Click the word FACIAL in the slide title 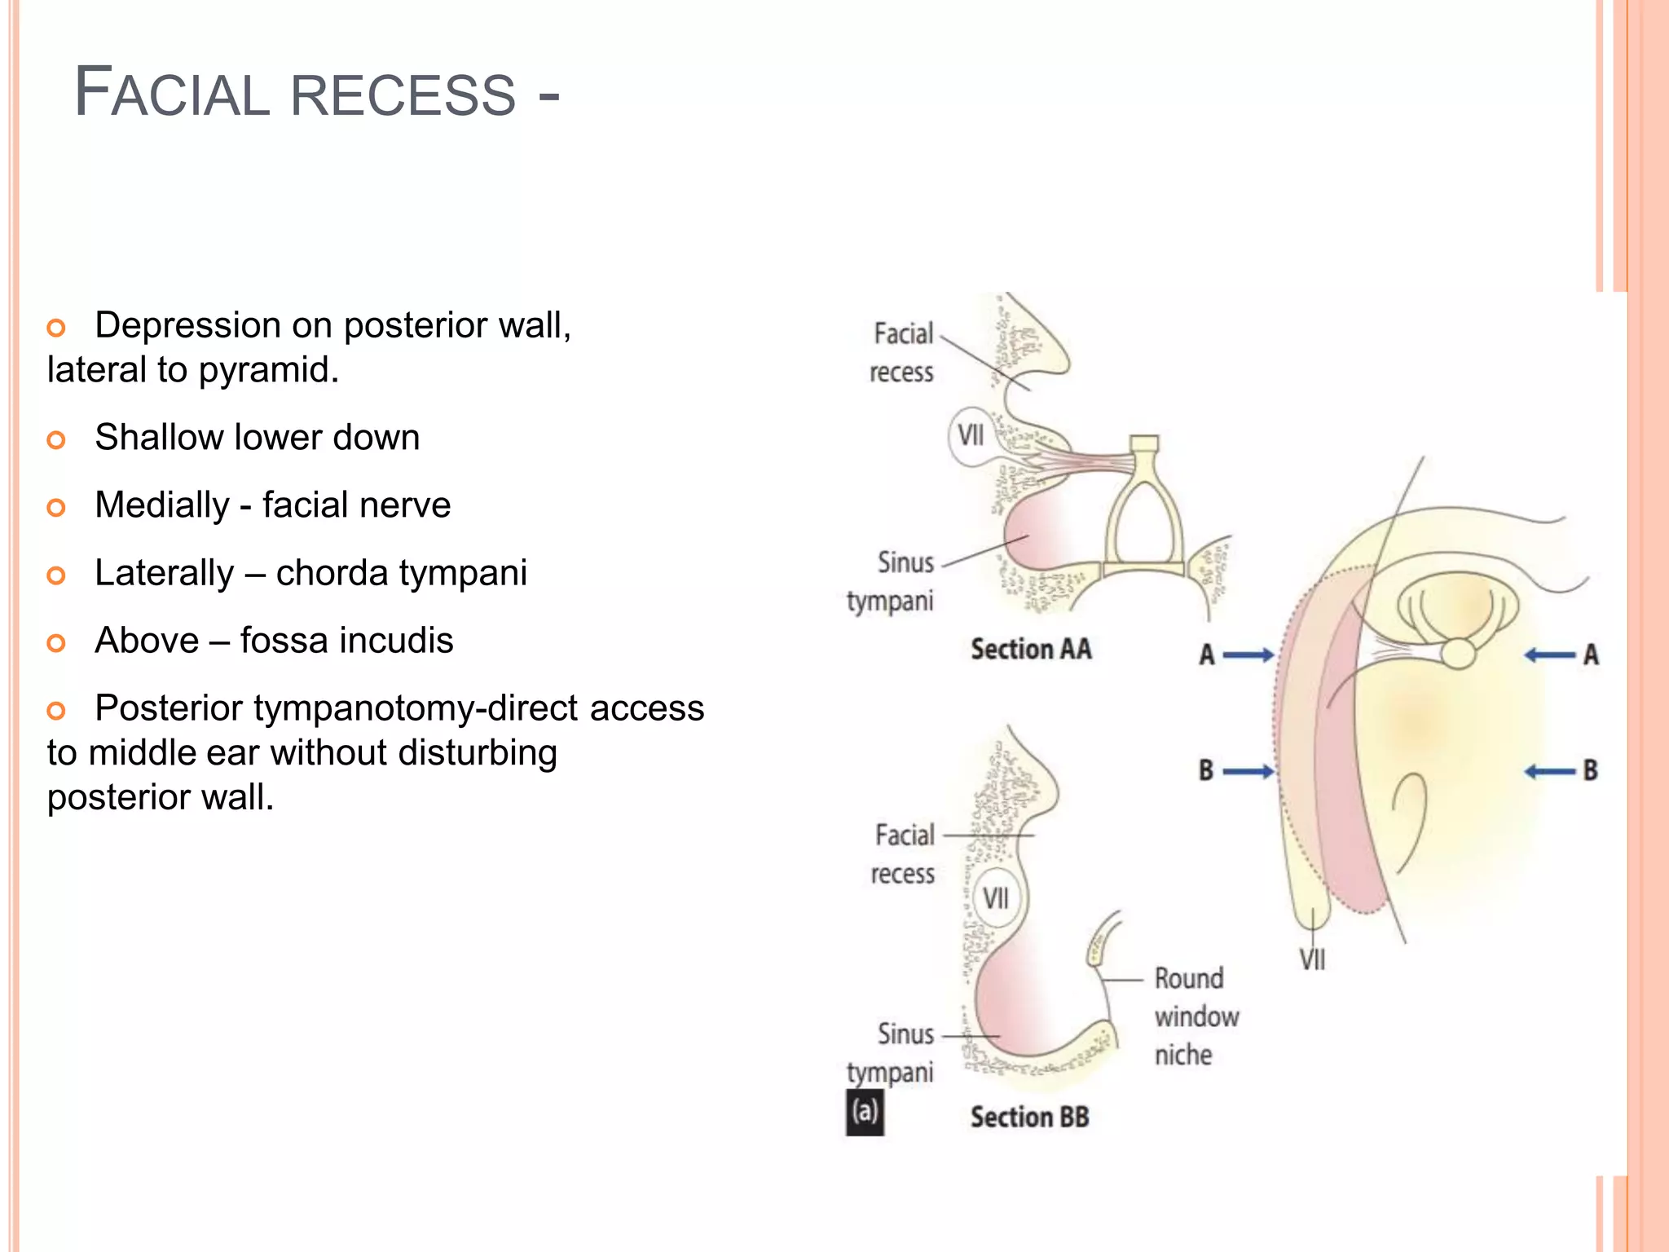171,93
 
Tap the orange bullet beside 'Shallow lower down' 55,440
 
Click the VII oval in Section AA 971,435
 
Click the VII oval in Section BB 995,898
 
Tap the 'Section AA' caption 1031,650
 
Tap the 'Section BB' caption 1029,1118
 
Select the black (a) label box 865,1113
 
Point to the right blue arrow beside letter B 1549,771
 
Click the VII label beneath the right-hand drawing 1312,959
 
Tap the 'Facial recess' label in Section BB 904,854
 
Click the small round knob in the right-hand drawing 1458,653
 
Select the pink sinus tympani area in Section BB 1015,1003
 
